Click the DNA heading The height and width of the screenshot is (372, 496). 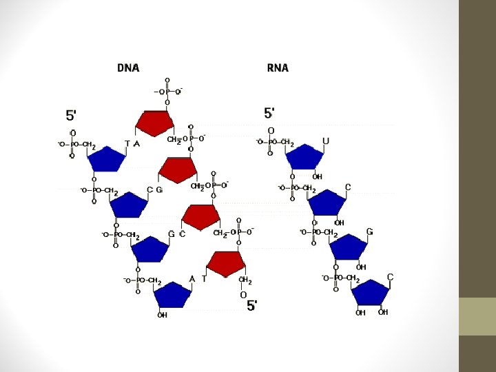(x=128, y=68)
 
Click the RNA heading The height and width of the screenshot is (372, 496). (x=278, y=68)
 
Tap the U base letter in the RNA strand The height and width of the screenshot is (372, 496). (x=326, y=141)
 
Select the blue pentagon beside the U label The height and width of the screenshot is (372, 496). (x=304, y=157)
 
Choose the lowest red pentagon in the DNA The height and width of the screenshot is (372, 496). (x=226, y=263)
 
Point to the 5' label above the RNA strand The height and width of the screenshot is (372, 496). (x=270, y=112)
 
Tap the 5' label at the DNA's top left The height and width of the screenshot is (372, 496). (x=72, y=114)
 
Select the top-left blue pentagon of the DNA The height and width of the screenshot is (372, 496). (x=107, y=158)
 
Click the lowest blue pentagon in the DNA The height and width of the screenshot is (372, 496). (x=172, y=295)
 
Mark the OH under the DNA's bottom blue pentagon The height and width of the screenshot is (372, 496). (x=162, y=316)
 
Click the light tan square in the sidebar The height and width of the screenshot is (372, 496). (x=477, y=316)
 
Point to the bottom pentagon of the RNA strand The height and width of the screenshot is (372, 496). (x=371, y=292)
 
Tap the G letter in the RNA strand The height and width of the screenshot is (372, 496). (x=370, y=231)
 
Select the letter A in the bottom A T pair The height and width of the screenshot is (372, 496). (x=192, y=279)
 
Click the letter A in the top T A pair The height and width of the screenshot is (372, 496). (x=136, y=144)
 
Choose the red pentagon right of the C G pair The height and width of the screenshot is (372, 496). (x=178, y=169)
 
